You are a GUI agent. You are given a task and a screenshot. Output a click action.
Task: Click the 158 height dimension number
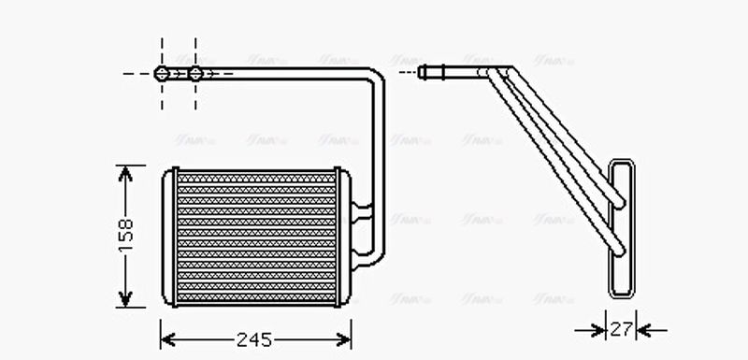(x=127, y=235)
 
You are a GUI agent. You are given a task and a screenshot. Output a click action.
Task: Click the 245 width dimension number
(x=253, y=339)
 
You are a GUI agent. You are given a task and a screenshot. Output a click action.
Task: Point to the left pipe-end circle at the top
(x=162, y=73)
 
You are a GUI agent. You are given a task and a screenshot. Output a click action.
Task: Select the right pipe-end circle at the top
(x=195, y=73)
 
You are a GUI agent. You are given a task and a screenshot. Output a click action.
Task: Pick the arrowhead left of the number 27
(x=599, y=330)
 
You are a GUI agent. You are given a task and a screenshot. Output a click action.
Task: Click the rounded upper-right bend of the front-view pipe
(x=375, y=79)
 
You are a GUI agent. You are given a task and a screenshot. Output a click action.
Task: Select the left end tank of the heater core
(x=168, y=238)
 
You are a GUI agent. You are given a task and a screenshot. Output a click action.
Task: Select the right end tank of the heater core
(x=343, y=238)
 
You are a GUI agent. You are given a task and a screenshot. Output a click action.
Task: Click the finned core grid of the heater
(x=255, y=238)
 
